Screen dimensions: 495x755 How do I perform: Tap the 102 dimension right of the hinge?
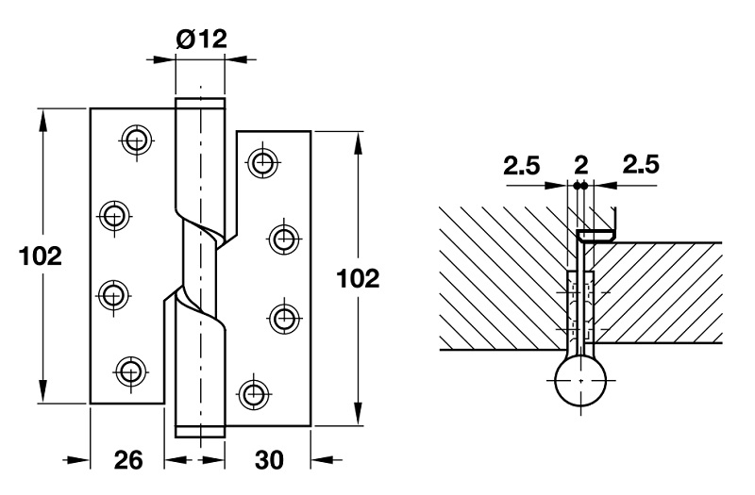coord(358,278)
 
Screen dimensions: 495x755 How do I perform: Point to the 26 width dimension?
coord(128,460)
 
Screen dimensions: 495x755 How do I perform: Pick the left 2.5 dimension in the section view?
coord(521,166)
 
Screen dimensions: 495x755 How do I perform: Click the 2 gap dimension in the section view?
coord(580,166)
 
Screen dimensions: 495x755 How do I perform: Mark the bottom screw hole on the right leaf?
coord(251,392)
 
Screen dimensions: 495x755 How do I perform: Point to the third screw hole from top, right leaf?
coord(281,314)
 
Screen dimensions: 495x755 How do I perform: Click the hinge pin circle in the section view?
coord(580,381)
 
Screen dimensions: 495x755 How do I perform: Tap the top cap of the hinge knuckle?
coord(200,101)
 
